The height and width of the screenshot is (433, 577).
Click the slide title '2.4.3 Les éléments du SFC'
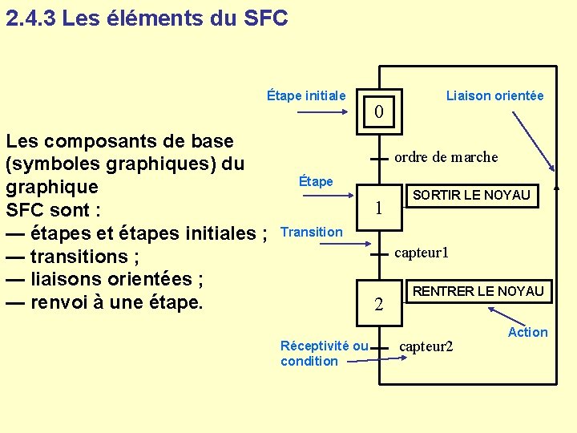146,18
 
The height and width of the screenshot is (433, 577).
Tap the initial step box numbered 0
380,111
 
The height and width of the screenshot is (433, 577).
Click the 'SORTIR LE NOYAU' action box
470,195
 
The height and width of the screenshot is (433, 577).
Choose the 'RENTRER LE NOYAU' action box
478,291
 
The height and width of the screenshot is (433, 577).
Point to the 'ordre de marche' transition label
446,157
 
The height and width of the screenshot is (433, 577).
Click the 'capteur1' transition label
422,253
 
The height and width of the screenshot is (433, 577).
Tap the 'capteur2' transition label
426,346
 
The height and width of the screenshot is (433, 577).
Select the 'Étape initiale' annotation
306,96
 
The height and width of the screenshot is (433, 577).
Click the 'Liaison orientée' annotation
494,96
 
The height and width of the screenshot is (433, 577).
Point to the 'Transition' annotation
312,232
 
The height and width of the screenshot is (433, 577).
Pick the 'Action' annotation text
528,332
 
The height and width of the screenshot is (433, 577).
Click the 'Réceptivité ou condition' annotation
324,354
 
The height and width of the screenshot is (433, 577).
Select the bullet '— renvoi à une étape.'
104,303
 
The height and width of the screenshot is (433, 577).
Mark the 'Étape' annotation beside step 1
315,181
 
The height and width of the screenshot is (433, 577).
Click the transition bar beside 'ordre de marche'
380,158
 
